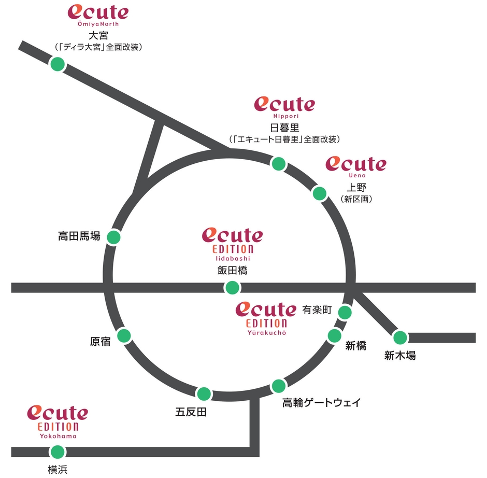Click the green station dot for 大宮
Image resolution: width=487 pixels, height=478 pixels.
pyautogui.click(x=58, y=64)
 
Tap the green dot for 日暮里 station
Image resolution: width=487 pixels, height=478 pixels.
pyautogui.click(x=279, y=163)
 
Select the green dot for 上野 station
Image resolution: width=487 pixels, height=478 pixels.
pyautogui.click(x=320, y=194)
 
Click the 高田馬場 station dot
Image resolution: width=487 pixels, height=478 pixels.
pyautogui.click(x=113, y=237)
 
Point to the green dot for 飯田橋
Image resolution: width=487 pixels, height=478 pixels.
pyautogui.click(x=232, y=287)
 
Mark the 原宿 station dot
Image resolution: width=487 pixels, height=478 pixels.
pyautogui.click(x=124, y=335)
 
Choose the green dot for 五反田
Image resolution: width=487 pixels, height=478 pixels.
pyautogui.click(x=204, y=393)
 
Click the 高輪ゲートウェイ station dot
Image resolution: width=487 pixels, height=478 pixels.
pyautogui.click(x=279, y=386)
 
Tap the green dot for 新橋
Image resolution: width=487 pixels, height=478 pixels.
pyautogui.click(x=335, y=335)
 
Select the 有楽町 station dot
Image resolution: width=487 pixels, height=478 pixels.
pyautogui.click(x=345, y=312)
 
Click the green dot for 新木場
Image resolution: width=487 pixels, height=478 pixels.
pyautogui.click(x=400, y=338)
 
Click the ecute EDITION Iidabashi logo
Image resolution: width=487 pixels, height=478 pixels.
pyautogui.click(x=232, y=242)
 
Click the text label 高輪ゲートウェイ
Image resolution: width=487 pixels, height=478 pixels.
pyautogui.click(x=321, y=403)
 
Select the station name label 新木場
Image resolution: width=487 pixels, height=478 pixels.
pyautogui.click(x=400, y=356)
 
